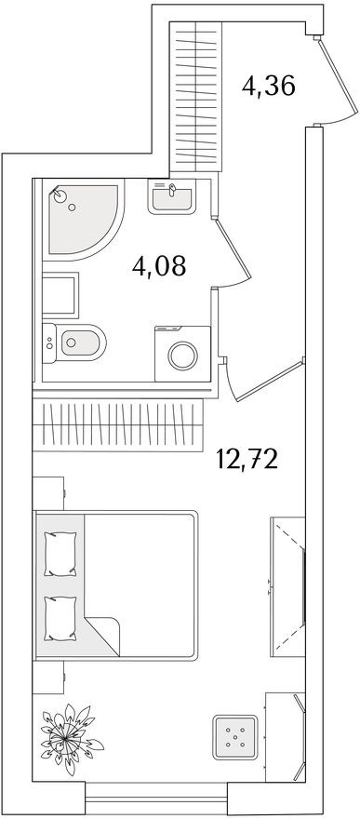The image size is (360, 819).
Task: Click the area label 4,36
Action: pyautogui.click(x=268, y=87)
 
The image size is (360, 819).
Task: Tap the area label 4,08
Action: pyautogui.click(x=159, y=266)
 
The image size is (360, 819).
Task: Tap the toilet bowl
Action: pyautogui.click(x=78, y=345)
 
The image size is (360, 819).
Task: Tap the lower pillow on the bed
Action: pyautogui.click(x=60, y=615)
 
